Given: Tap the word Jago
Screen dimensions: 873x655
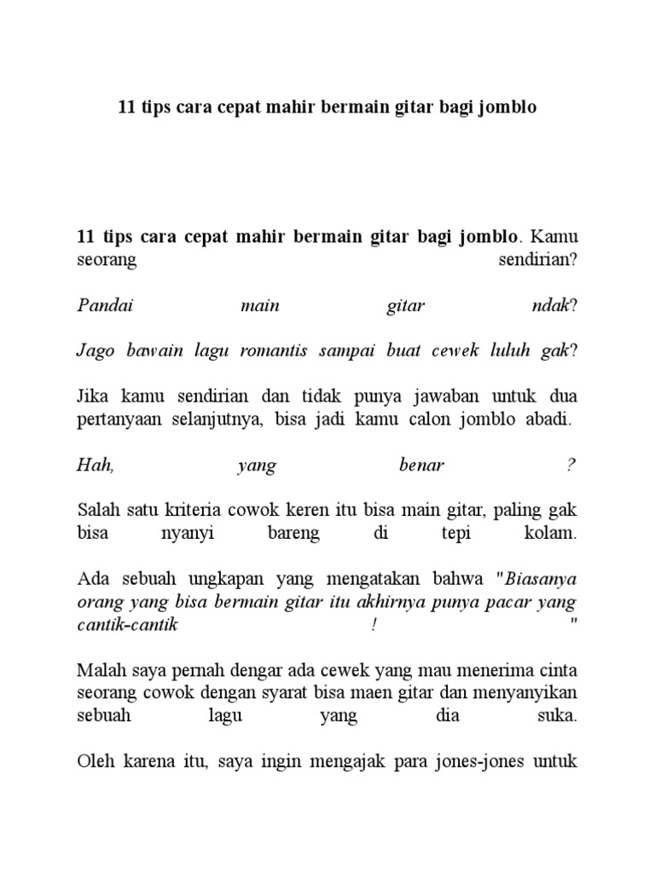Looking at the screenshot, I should coord(94,352).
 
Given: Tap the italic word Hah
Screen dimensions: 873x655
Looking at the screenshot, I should coord(93,466).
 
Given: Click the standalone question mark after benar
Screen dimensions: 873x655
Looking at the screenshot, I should coord(571,466).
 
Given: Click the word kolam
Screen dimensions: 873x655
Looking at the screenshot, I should coord(554,535).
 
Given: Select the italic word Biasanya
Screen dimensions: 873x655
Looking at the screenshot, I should coord(542,581).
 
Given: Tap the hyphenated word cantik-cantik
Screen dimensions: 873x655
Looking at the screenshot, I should coord(127,625).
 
